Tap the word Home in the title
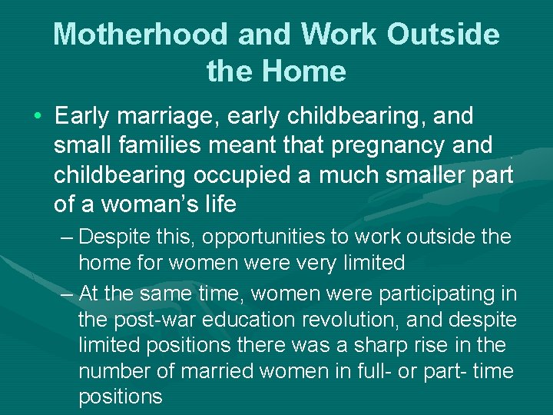coord(303,71)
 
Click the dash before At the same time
coord(66,294)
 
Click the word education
coord(245,320)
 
